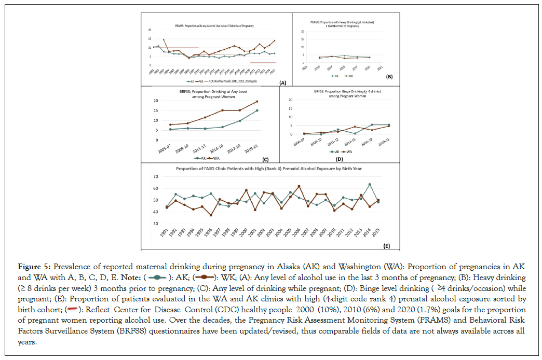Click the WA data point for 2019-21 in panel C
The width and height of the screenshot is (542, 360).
coord(257,101)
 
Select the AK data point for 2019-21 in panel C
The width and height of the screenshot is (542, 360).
coord(257,110)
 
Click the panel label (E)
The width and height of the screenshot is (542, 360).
coord(386,245)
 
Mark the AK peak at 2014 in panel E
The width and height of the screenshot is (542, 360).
coord(370,184)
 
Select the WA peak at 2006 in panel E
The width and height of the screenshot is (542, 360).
coord(299,186)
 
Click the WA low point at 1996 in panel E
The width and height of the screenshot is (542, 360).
coord(211,215)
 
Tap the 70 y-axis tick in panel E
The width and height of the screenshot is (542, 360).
coord(155,177)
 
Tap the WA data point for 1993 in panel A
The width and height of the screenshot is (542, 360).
coord(164,39)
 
